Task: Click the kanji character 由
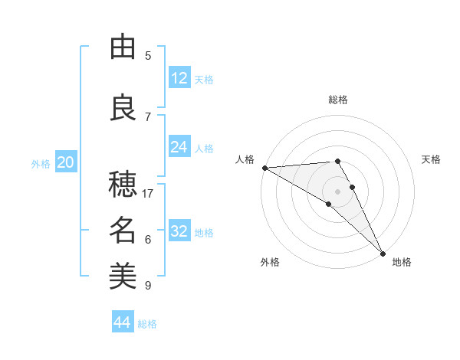123,47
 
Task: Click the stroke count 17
148,194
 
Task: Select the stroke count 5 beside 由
148,56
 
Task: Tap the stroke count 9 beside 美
148,286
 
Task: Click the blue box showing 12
179,78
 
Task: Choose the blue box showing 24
179,147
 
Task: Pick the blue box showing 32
179,231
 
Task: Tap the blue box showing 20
66,162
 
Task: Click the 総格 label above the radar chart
338,100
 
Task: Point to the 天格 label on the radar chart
432,159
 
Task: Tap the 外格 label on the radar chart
270,262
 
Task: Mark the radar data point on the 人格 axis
264,168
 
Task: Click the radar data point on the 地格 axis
382,253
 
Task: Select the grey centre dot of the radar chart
337,191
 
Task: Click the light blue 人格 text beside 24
204,148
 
